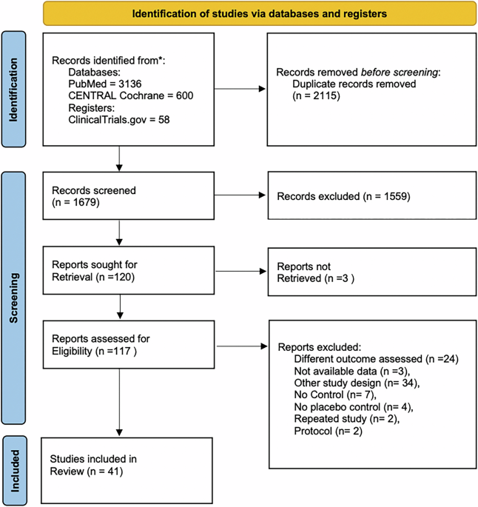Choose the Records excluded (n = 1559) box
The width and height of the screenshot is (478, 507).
[x=367, y=198]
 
